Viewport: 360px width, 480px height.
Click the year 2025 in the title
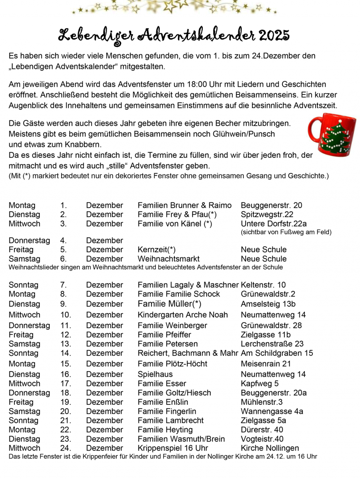click(274, 35)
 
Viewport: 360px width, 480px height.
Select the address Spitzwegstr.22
click(267, 214)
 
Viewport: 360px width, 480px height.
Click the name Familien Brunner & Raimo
click(185, 205)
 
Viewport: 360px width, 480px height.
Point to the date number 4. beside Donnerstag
click(63, 240)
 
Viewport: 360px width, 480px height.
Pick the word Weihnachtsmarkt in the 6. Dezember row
click(168, 259)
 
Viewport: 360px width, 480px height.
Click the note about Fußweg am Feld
click(286, 232)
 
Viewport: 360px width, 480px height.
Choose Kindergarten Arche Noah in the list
click(182, 314)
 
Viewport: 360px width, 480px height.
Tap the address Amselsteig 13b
click(268, 304)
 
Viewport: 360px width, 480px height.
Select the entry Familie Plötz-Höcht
click(172, 364)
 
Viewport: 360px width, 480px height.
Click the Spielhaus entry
click(155, 374)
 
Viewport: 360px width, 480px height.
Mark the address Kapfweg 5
click(259, 383)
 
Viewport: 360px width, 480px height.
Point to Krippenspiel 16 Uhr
click(173, 448)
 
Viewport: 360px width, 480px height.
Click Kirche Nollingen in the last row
click(270, 448)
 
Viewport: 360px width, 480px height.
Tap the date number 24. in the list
click(65, 448)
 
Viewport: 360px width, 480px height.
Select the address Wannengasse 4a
click(272, 411)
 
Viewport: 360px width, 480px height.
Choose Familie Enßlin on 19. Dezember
click(163, 402)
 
